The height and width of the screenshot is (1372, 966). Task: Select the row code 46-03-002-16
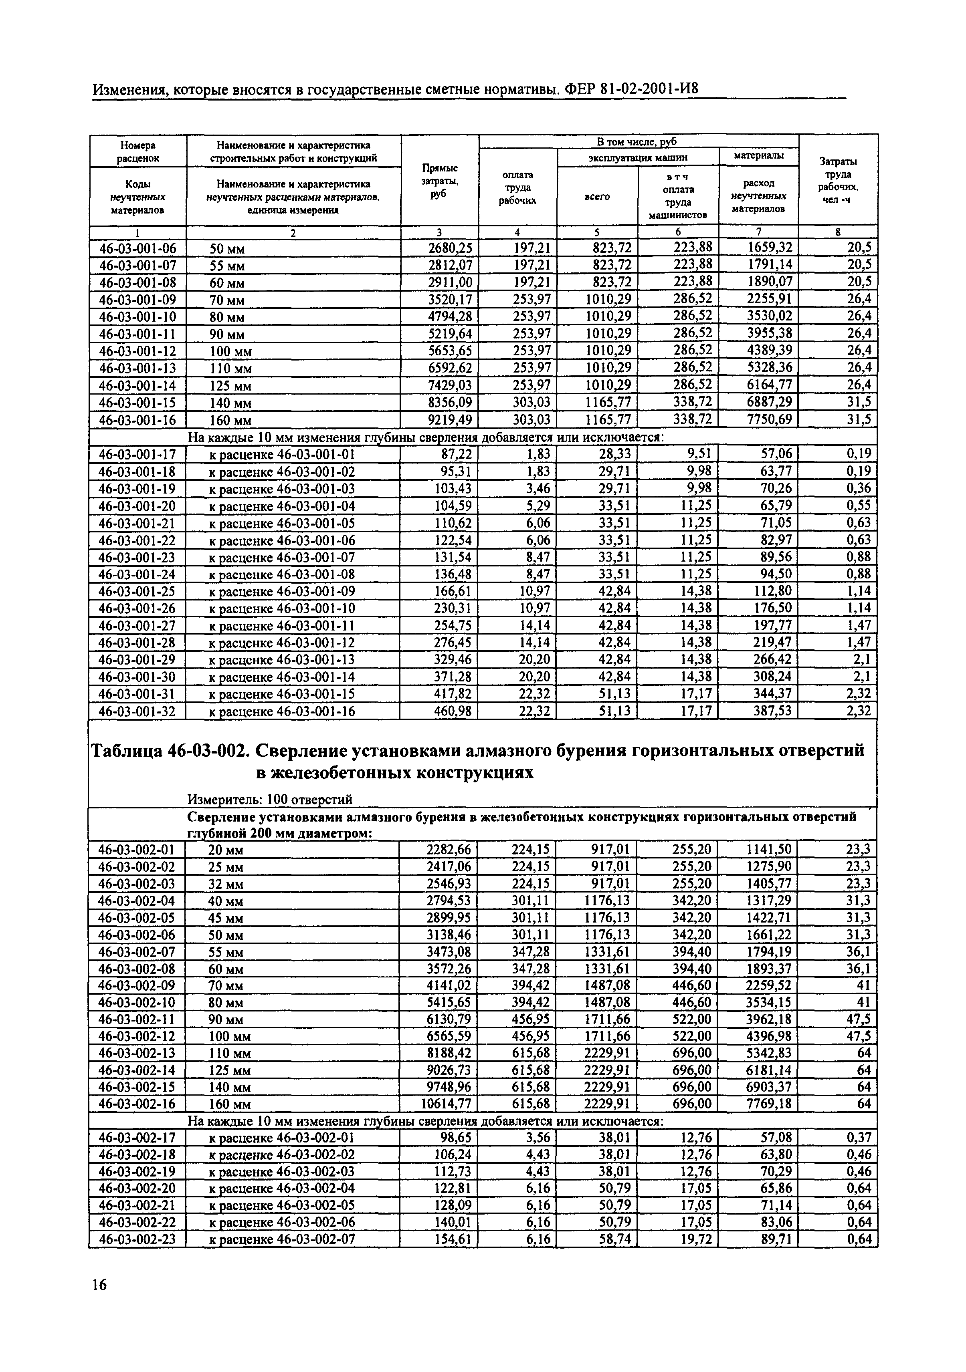pos(137,1104)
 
